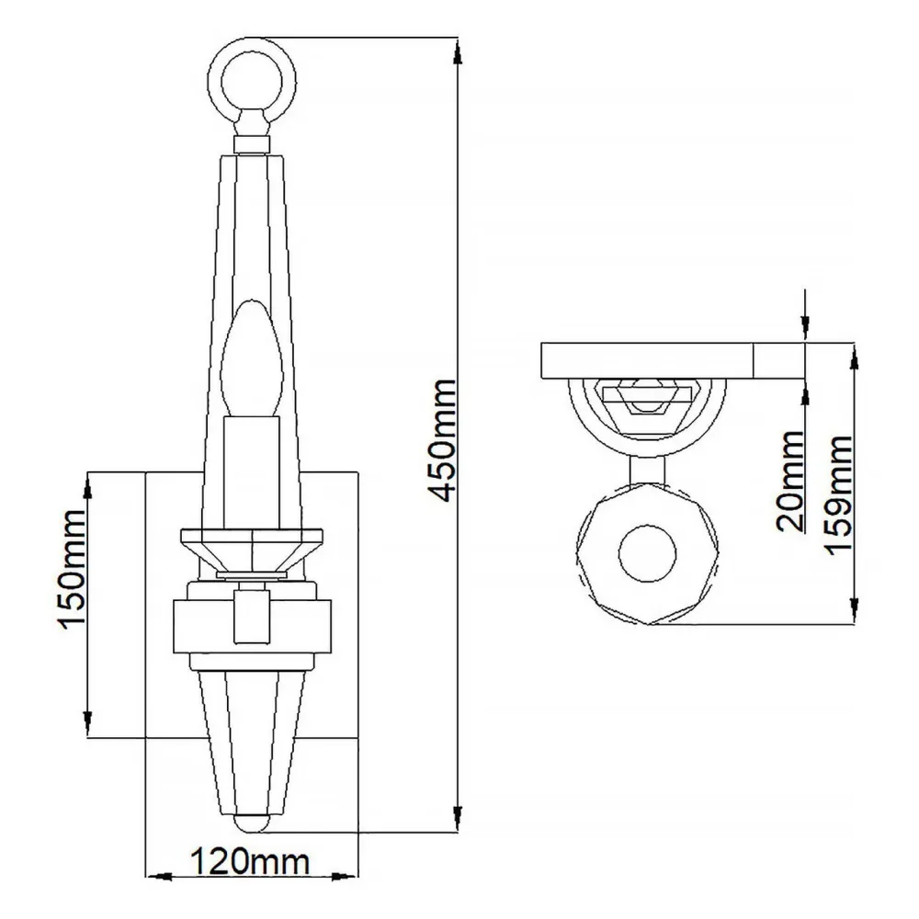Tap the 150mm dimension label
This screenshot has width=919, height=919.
[x=73, y=570]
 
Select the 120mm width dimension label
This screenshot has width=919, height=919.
[x=250, y=862]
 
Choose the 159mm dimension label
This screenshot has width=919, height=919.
[x=838, y=494]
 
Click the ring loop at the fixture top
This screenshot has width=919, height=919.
[x=253, y=80]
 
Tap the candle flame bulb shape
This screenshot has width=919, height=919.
[x=252, y=357]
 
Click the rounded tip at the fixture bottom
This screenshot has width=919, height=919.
[x=252, y=823]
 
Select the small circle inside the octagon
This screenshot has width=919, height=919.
[x=647, y=553]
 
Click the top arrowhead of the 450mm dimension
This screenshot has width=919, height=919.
[x=458, y=52]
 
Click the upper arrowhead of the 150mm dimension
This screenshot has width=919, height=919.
[x=88, y=487]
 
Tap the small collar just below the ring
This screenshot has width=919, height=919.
[x=252, y=144]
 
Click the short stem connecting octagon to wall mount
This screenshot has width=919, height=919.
[x=647, y=470]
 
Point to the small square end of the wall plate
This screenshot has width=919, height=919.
[x=779, y=360]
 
